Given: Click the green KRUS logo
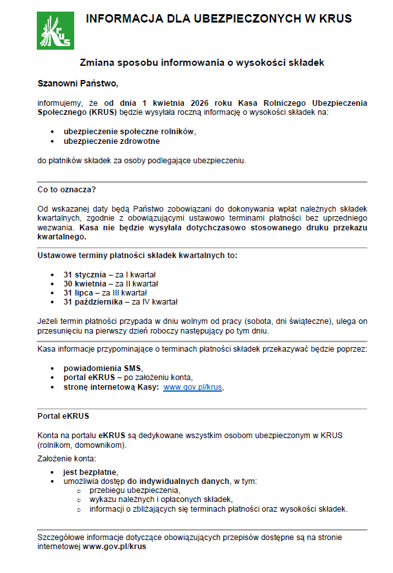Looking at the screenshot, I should point(55,30).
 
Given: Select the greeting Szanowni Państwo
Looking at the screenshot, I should point(78,83).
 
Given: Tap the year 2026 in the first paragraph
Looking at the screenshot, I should point(201,103).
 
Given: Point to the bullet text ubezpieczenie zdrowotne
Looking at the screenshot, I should point(111,141).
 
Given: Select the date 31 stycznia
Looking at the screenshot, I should point(85,275).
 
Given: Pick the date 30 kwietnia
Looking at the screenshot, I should point(85,284).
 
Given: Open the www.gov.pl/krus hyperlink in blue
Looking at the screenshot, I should point(193,388).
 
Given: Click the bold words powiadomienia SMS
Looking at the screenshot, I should point(102,368).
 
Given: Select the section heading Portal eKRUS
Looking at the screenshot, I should point(63,416).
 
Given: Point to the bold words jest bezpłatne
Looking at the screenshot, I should point(90,472).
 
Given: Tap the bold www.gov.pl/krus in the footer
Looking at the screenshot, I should point(114,546).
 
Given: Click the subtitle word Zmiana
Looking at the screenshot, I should point(95,63).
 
